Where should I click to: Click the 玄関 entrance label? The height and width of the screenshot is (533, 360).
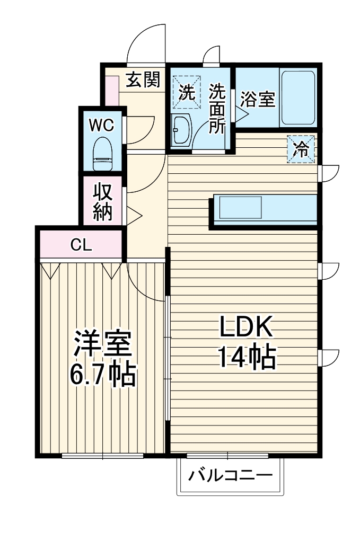click(143, 80)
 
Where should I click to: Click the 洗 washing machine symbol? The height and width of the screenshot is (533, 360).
click(187, 92)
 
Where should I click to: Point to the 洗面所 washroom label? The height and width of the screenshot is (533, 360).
click(216, 109)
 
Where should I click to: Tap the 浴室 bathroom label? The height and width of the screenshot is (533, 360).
click(257, 99)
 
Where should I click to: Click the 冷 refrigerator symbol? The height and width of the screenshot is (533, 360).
click(301, 149)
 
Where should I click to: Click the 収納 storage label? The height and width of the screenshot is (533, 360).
click(103, 202)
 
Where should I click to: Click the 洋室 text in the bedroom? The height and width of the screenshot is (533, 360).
click(102, 345)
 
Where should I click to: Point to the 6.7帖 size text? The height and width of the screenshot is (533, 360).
click(103, 375)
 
